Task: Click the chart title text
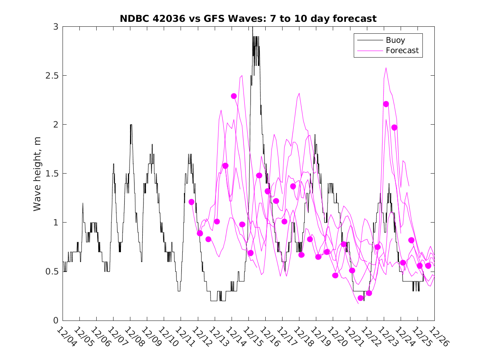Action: tap(248, 19)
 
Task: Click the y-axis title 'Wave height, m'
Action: tap(37, 173)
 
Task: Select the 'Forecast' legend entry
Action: tap(402, 51)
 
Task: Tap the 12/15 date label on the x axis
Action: tap(251, 337)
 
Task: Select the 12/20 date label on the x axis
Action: tap(335, 337)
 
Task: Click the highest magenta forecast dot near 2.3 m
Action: tap(234, 96)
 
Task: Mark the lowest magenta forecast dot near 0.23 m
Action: tap(361, 298)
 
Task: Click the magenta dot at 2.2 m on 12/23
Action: tap(386, 104)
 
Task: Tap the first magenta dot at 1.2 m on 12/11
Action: tap(191, 202)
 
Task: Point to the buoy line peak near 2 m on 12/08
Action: tap(131, 125)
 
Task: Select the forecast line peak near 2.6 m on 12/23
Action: tap(386, 67)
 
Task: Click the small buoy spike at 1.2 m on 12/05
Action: tap(83, 203)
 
